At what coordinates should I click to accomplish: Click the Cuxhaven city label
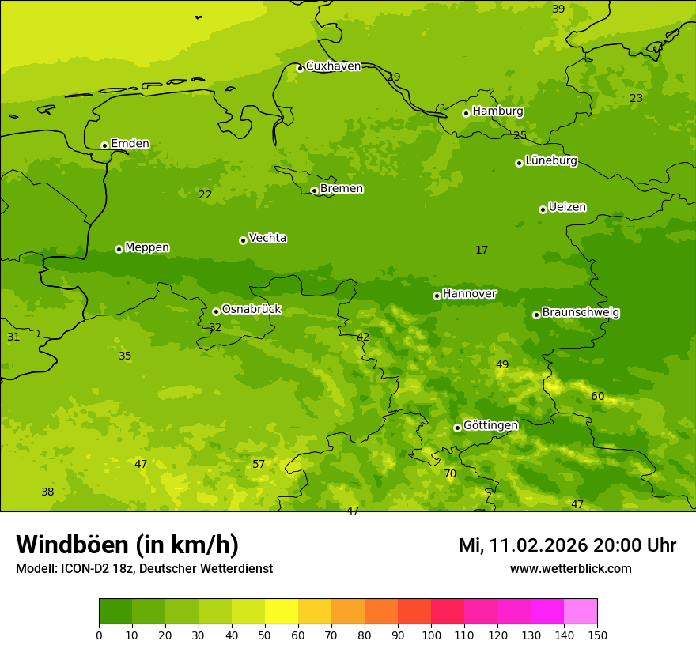pos(333,66)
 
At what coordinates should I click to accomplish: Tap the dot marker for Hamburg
pos(467,113)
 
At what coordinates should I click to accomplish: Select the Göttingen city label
pos(490,425)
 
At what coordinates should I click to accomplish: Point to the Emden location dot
pos(104,145)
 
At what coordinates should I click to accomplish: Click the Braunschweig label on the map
pos(581,313)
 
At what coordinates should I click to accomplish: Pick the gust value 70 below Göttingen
pos(450,474)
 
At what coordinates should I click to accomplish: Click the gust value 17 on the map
pos(482,251)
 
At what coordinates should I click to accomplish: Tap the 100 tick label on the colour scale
pos(431,635)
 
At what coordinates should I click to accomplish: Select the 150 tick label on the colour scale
pos(597,635)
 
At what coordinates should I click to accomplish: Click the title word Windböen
pos(71,545)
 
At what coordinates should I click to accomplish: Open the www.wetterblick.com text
pos(570,569)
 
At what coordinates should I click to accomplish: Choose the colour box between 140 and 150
pos(581,612)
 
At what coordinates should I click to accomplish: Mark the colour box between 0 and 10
pos(115,612)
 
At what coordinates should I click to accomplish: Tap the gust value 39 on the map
pos(558,9)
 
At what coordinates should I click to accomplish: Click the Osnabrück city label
pos(252,309)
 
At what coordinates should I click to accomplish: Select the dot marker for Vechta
pos(243,240)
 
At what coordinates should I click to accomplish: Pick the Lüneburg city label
pos(551,160)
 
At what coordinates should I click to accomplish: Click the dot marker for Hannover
pos(437,296)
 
